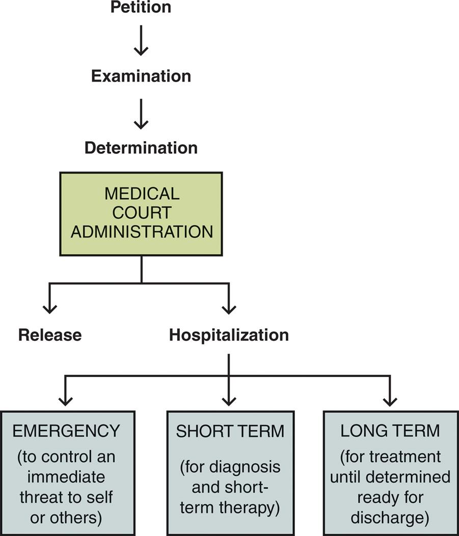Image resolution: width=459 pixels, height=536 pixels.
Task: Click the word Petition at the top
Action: [x=141, y=7]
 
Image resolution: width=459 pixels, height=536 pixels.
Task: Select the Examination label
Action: [x=141, y=76]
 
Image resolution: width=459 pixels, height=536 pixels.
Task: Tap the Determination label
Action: [x=141, y=148]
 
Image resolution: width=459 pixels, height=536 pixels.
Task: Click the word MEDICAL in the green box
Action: [x=142, y=194]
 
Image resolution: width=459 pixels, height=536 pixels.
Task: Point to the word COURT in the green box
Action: [x=142, y=213]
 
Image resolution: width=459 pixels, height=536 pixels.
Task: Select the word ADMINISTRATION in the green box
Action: [x=142, y=232]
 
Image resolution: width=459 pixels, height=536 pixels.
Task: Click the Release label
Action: [x=50, y=335]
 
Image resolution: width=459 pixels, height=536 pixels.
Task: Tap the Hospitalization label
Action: [x=229, y=335]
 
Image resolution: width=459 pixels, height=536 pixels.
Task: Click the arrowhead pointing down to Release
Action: [x=49, y=307]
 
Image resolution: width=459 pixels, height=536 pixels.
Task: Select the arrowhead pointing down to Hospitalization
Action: [x=229, y=307]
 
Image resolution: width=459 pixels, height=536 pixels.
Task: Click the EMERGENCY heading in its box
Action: [x=66, y=431]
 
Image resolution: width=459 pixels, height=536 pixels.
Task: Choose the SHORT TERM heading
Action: [x=230, y=431]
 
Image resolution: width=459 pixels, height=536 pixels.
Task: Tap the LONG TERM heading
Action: [x=390, y=431]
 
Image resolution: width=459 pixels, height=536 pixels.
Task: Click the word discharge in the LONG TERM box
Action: [x=390, y=517]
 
